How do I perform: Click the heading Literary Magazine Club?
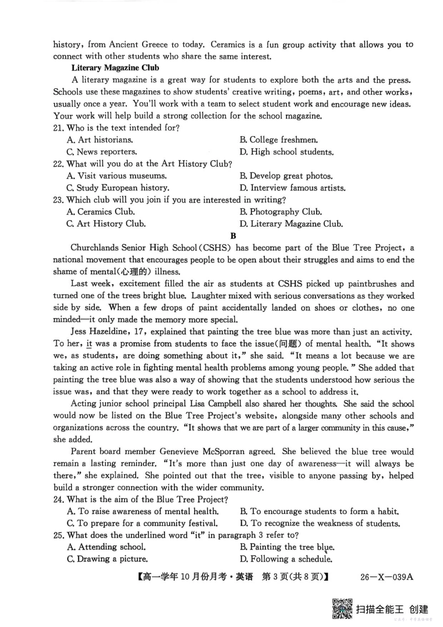coord(115,68)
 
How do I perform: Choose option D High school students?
coord(286,152)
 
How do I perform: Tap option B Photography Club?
coord(281,212)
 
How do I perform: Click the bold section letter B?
coord(233,236)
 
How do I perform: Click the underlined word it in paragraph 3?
coord(89,344)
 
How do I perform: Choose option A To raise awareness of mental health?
coord(142,511)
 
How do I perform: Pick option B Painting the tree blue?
coord(287,547)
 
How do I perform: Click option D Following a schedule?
coord(286,559)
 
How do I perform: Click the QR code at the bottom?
coord(342,609)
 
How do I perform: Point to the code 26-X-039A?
coord(387,577)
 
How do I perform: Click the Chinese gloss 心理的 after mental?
coord(134,272)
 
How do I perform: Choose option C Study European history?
coord(118,188)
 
